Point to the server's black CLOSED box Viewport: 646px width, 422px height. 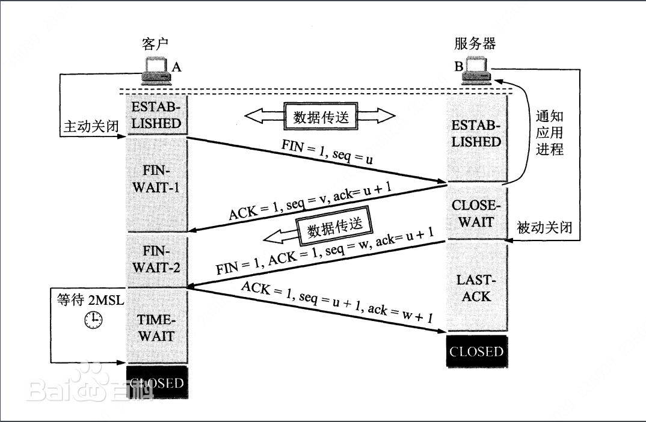(x=476, y=351)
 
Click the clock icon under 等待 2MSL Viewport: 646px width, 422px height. (x=93, y=320)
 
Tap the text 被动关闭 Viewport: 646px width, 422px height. (x=544, y=228)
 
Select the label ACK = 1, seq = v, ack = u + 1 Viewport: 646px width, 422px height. (x=310, y=203)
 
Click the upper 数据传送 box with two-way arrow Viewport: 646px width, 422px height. (x=320, y=117)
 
